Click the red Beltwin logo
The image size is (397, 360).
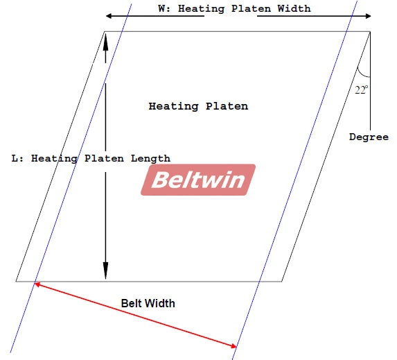[x=198, y=180]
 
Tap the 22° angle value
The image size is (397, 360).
[x=361, y=90]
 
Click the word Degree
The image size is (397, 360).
[x=369, y=137]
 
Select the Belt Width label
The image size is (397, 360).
[x=148, y=303]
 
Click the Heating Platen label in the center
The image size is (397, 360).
[x=198, y=106]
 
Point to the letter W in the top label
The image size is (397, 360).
[x=161, y=8]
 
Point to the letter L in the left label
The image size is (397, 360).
[x=15, y=158]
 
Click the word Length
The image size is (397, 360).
[x=150, y=159]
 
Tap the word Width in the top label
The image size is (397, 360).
[x=294, y=8]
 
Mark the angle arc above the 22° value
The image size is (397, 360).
[x=362, y=74]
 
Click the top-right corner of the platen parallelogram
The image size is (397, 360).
[x=370, y=31]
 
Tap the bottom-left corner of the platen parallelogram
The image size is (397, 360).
[x=16, y=281]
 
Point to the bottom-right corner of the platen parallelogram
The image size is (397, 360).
[x=282, y=281]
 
